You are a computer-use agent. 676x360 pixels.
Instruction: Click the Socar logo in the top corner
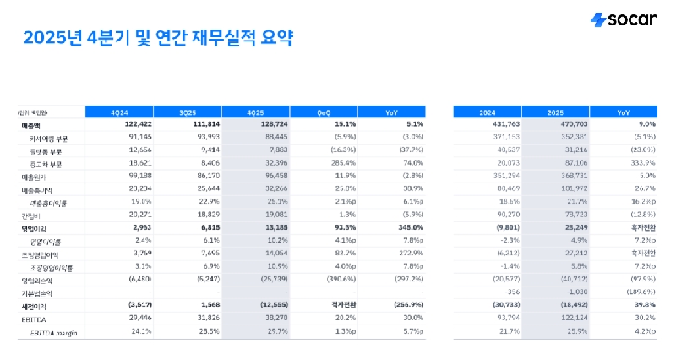pos(623,19)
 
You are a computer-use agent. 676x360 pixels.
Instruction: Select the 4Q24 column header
pos(119,112)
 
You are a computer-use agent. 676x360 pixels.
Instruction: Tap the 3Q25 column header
pos(187,112)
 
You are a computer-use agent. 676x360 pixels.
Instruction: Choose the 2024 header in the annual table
pos(487,112)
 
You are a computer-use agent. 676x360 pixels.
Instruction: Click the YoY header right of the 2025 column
pos(623,112)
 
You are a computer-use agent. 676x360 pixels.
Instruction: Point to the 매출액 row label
pos(31,125)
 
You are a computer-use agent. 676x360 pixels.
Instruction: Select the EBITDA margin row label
pos(48,333)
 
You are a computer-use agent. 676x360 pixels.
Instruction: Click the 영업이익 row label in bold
pos(32,229)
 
